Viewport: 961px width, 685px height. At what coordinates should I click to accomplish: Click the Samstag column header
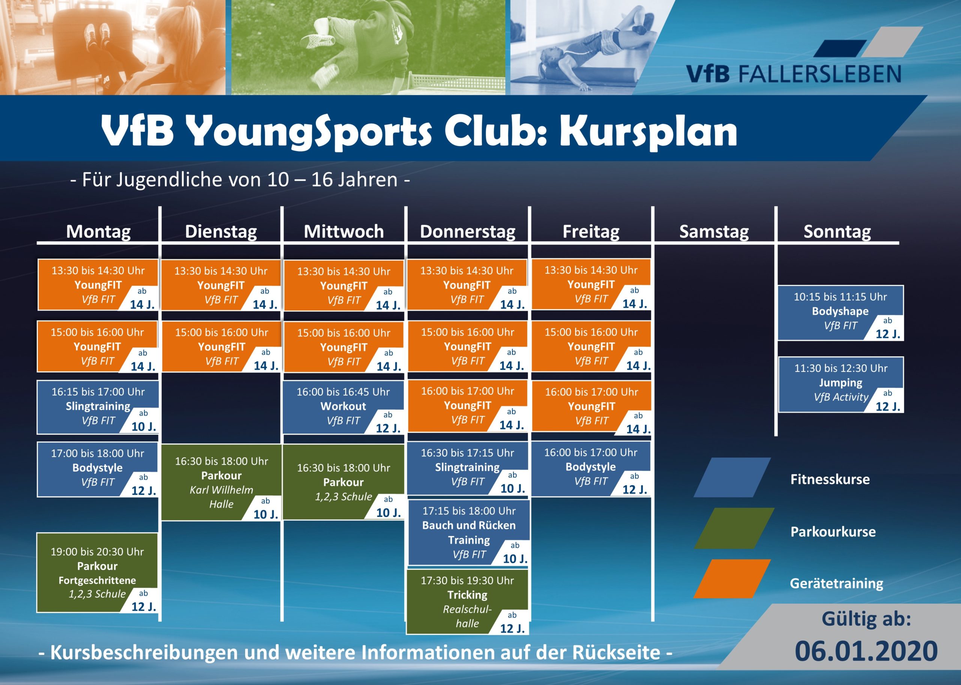[714, 232]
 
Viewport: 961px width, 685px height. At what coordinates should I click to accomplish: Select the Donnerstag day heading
[467, 232]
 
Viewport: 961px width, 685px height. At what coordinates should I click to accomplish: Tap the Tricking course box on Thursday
[467, 601]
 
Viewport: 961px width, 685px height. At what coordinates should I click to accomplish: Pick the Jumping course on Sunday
[841, 385]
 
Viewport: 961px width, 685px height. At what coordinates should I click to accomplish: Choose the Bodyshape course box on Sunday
[840, 313]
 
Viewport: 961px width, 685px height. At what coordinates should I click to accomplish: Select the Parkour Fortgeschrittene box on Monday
[98, 572]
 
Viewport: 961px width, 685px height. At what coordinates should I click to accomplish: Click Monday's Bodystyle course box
[98, 469]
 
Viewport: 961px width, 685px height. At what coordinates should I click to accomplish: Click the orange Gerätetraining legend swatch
[732, 579]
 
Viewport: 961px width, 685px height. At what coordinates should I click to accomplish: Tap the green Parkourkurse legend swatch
[734, 528]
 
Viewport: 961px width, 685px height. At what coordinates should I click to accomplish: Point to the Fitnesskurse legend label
[830, 479]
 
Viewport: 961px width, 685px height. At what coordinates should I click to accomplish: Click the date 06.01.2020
[866, 651]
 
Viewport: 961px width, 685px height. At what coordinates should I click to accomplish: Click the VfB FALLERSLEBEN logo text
[794, 74]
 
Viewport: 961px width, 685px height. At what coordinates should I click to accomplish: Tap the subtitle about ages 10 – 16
[240, 180]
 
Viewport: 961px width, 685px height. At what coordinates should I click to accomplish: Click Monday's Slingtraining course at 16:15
[98, 407]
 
